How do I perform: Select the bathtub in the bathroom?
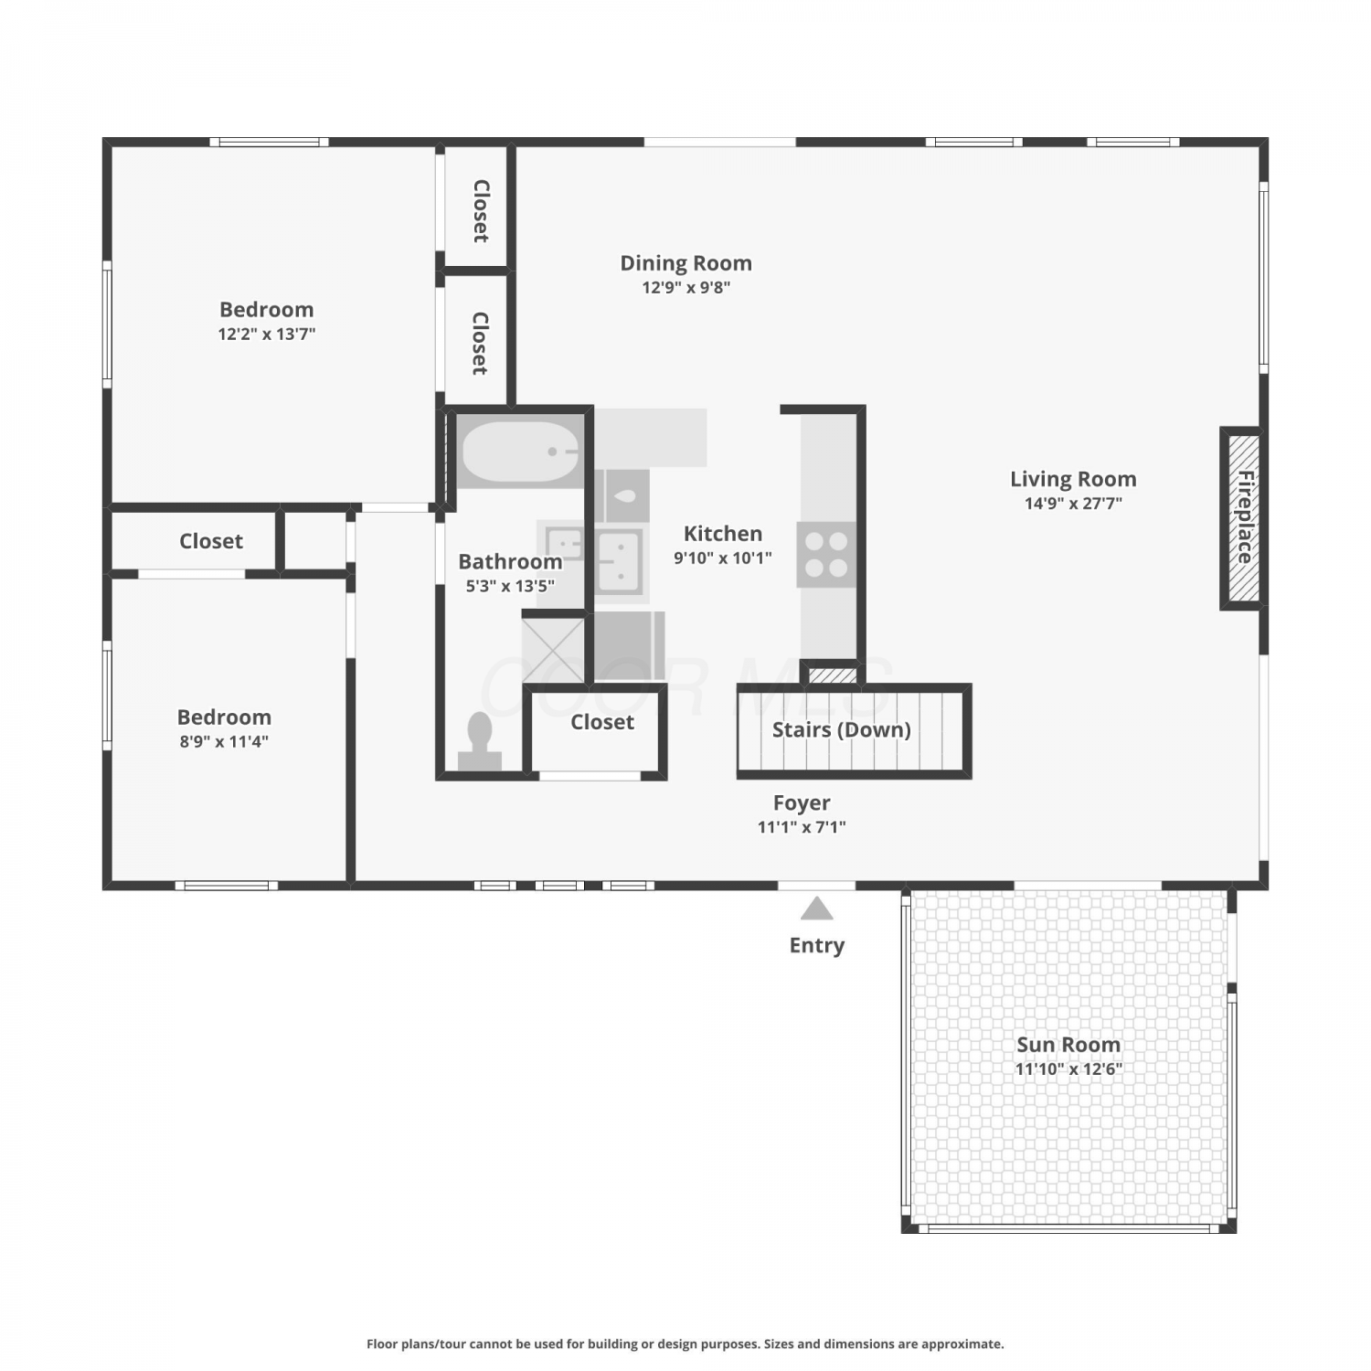coord(520,451)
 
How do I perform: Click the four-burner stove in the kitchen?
coord(826,555)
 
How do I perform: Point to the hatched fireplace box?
coord(1243,518)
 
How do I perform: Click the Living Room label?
coord(1073,479)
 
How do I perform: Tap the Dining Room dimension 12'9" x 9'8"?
coord(686,287)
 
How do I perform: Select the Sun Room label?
coord(1068,1045)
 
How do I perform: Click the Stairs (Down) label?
coord(842,729)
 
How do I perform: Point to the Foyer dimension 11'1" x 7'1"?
coord(802,827)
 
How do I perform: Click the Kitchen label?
coord(723,534)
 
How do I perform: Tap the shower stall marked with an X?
coord(553,650)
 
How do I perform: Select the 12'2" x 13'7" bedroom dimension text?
coord(267,334)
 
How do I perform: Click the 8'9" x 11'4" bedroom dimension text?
coord(224,741)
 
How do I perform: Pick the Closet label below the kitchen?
coord(602,722)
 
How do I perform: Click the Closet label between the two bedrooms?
coord(211,541)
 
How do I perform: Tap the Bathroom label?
coord(510,561)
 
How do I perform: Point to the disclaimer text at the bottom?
coord(685,1344)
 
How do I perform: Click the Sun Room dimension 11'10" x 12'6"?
coord(1068,1068)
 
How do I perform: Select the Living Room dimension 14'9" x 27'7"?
coord(1073,503)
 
